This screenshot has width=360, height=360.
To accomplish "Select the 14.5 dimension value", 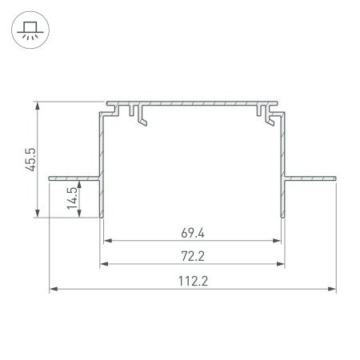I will (x=72, y=198).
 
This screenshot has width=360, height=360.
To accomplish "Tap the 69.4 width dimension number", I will (x=193, y=234).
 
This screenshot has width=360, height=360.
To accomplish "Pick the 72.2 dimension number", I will (x=193, y=258).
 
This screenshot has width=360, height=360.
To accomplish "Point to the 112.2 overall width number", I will (x=193, y=282).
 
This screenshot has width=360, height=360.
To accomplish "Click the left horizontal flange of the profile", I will (x=74, y=178).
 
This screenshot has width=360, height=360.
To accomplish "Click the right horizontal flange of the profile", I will (x=310, y=178).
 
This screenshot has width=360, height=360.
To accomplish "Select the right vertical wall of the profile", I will (x=283, y=168).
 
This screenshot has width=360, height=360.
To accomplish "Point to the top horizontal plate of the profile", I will (x=192, y=104).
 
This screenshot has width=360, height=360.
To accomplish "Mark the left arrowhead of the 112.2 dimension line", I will (x=54, y=290).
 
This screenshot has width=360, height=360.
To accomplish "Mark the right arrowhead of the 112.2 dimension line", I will (x=332, y=290).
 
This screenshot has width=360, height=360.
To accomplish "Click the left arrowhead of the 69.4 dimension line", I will (x=107, y=241).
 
